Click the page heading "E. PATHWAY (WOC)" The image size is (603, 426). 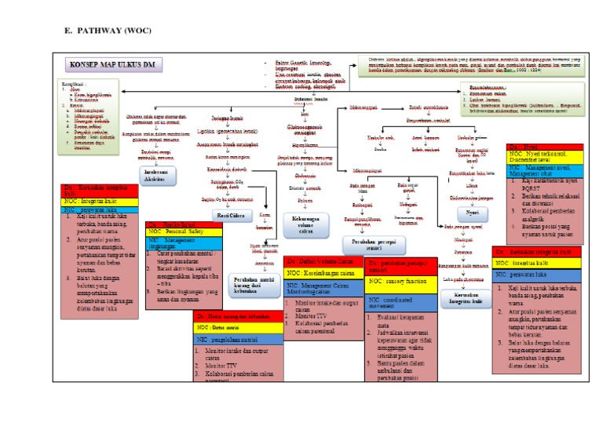[x=107, y=31]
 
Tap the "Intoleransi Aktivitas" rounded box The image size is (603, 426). [x=157, y=174]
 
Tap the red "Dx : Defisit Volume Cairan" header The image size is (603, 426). [x=321, y=261]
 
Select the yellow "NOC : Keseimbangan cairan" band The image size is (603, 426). [x=321, y=274]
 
